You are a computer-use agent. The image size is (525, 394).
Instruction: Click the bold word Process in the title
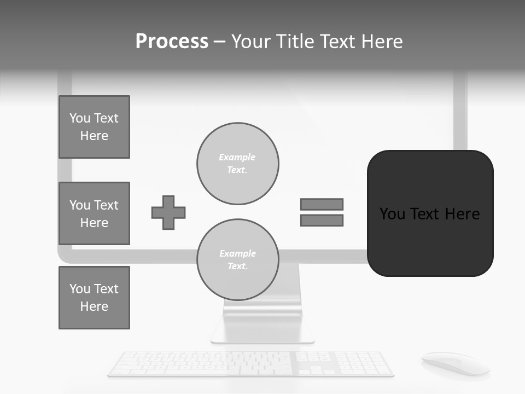(172, 42)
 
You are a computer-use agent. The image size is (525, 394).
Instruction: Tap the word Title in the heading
(294, 42)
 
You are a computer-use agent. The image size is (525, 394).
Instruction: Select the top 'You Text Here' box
(94, 127)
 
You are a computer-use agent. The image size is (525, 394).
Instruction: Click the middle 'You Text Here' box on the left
(94, 213)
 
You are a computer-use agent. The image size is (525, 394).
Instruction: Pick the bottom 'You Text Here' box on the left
(94, 298)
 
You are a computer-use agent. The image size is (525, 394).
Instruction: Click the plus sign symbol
(168, 212)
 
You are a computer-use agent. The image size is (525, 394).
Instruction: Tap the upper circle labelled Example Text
(238, 164)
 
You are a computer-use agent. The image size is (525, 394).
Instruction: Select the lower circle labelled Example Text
(238, 260)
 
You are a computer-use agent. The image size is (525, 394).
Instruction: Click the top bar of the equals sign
(322, 204)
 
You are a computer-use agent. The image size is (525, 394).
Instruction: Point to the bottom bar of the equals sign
(322, 221)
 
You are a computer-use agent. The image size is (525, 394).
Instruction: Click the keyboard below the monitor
(250, 364)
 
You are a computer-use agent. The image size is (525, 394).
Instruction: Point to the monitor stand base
(262, 331)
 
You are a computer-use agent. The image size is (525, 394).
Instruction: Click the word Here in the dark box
(462, 214)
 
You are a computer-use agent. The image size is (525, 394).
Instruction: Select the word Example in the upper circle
(237, 157)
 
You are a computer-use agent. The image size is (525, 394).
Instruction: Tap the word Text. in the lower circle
(238, 266)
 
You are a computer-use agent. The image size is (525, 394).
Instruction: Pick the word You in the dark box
(393, 214)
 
